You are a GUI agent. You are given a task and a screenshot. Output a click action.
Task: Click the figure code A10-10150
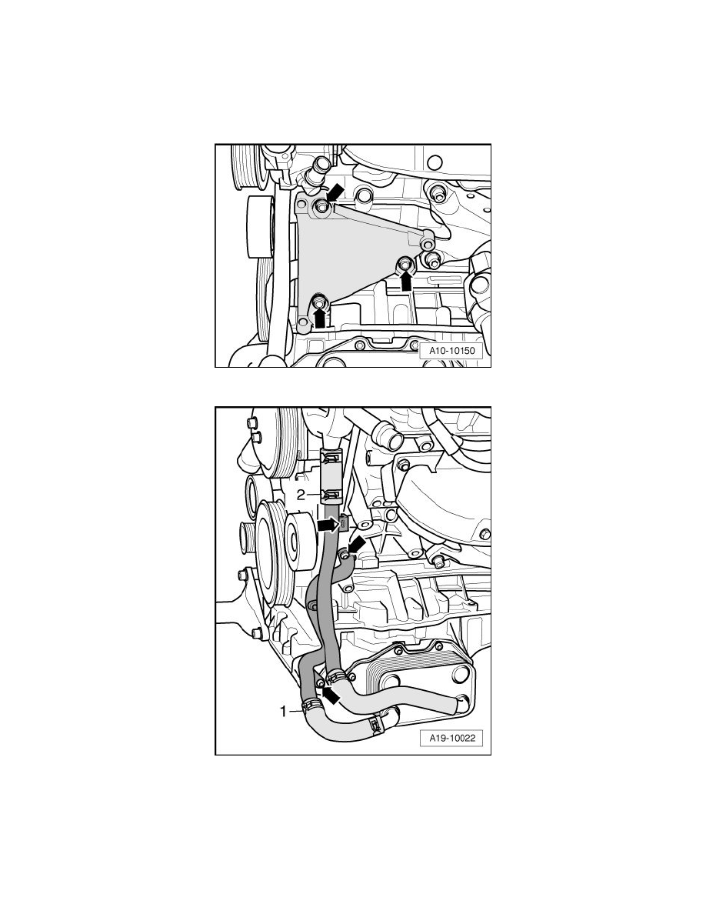tap(453, 351)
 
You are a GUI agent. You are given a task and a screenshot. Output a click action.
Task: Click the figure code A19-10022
tap(453, 738)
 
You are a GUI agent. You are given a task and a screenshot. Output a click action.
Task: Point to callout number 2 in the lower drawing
tap(301, 495)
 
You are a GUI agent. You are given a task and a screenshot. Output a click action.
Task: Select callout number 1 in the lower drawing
tap(285, 711)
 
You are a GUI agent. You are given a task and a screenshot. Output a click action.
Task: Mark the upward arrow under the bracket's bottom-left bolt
tap(319, 318)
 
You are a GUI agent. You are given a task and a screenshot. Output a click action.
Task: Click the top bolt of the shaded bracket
tap(321, 205)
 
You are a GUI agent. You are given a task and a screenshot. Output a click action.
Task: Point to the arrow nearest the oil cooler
tap(331, 694)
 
